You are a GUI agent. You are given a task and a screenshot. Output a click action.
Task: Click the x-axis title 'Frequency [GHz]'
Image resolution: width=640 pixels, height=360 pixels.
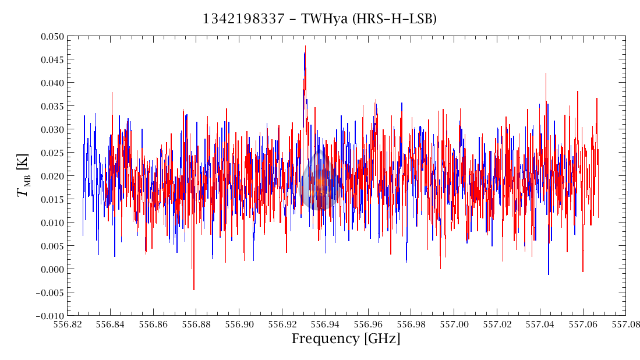pos(346,339)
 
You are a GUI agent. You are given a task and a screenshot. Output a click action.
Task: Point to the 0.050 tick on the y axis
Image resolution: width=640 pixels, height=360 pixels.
pos(50,37)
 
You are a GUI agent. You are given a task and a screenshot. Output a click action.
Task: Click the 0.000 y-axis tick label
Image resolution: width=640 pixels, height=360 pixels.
pos(50,270)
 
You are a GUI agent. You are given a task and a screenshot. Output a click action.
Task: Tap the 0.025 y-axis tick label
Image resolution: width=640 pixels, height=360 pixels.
pos(50,153)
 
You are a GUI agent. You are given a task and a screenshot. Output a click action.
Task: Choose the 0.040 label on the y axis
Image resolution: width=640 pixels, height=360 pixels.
pos(50,83)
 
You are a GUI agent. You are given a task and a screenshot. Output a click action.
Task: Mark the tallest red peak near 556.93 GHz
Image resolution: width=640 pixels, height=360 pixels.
pos(305,46)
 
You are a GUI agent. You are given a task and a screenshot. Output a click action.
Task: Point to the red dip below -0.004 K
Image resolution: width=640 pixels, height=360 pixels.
pos(194,289)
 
